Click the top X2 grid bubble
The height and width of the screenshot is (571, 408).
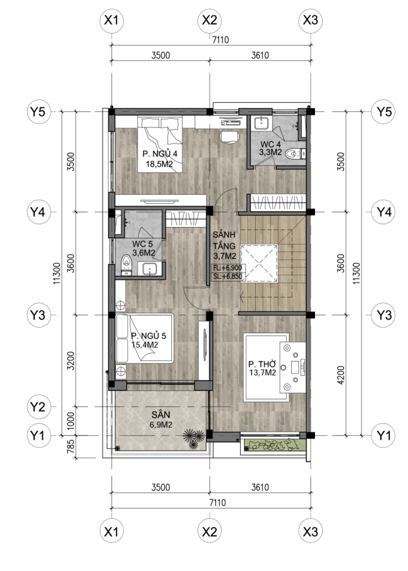tap(209, 21)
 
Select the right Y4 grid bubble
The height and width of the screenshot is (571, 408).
tap(383, 212)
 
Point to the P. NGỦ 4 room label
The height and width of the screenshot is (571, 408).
tap(160, 154)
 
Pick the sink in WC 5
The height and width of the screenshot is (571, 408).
tap(150, 268)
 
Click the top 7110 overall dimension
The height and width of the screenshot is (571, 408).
tap(221, 40)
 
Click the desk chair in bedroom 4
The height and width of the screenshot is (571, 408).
tap(229, 137)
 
